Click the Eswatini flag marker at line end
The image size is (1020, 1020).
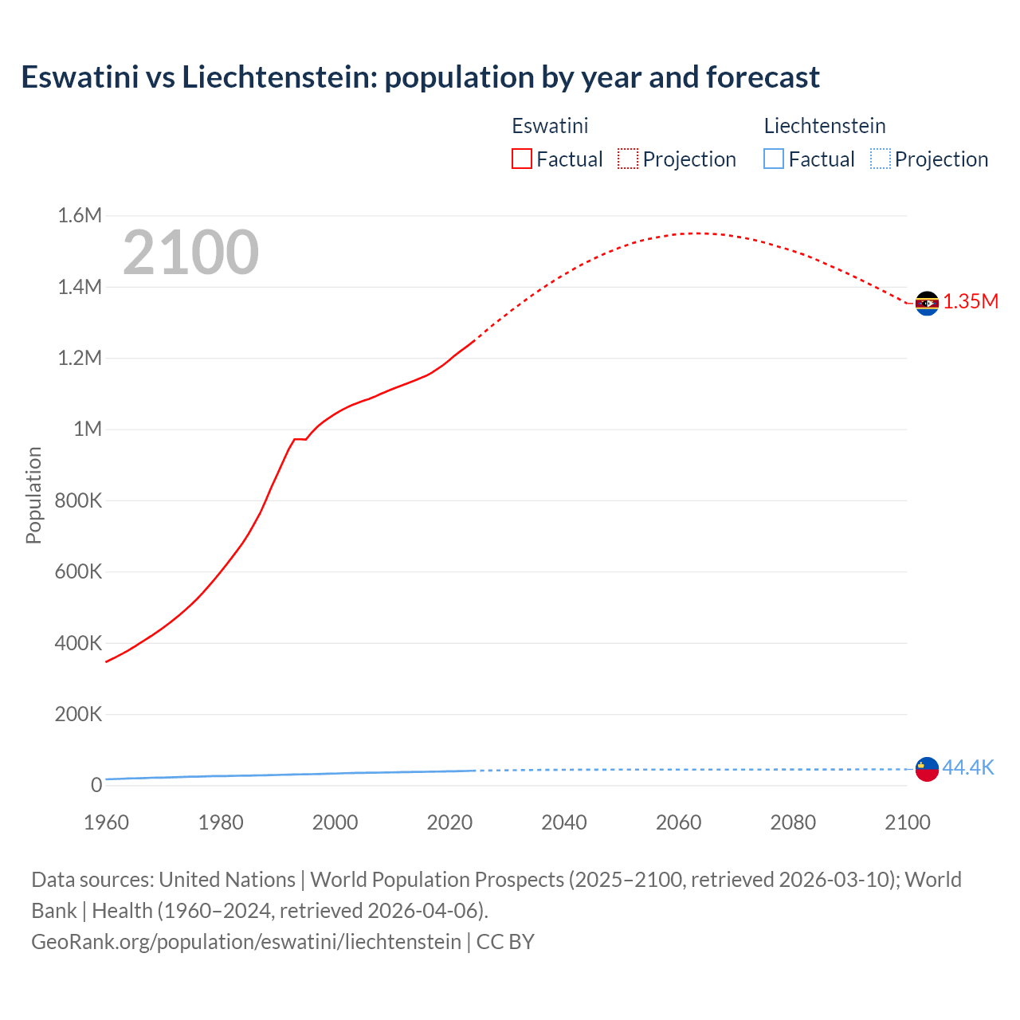tap(927, 304)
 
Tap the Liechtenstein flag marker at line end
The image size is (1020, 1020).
tap(927, 769)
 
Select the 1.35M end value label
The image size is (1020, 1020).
tap(971, 301)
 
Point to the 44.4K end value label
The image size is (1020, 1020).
tap(968, 767)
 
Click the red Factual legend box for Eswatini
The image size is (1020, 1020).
tap(522, 159)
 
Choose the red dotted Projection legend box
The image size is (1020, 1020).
tap(628, 159)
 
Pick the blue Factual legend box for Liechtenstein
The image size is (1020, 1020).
tap(774, 159)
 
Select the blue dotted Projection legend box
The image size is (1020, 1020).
tap(881, 159)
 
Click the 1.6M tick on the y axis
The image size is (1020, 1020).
tap(80, 216)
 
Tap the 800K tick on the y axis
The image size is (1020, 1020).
tap(78, 500)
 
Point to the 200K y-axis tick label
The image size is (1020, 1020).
tap(78, 714)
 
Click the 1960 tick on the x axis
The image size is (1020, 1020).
tap(106, 822)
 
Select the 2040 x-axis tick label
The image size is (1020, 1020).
tap(564, 822)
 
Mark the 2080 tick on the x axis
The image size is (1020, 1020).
tap(793, 822)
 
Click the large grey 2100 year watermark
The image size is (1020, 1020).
tap(190, 253)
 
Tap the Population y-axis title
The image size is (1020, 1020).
tap(33, 495)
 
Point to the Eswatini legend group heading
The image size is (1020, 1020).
tap(550, 126)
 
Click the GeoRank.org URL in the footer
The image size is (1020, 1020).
tap(246, 941)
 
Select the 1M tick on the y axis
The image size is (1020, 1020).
tap(88, 430)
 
